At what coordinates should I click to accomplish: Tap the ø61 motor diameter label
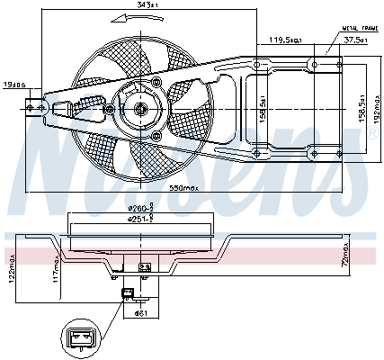pyautogui.click(x=140, y=311)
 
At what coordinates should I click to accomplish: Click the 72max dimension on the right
pyautogui.click(x=346, y=262)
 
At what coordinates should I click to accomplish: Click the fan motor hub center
pyautogui.click(x=140, y=109)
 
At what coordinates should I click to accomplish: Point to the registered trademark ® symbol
pyautogui.click(x=372, y=132)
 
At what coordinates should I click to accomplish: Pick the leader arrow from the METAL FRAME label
pyautogui.click(x=328, y=42)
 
